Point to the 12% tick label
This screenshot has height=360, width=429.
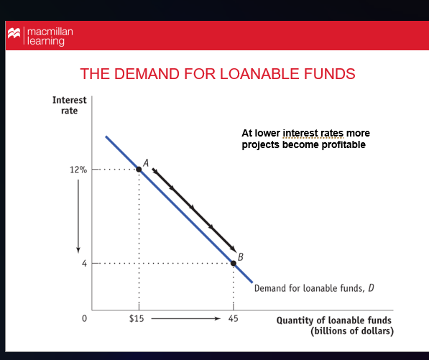tap(78, 170)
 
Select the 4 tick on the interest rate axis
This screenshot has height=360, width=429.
tap(84, 264)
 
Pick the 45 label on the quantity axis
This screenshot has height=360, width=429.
tap(234, 318)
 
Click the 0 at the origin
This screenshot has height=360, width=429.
tap(84, 318)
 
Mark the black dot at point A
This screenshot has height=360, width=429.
tap(139, 170)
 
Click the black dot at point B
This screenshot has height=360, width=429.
tap(234, 264)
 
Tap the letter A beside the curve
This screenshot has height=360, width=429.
tap(146, 162)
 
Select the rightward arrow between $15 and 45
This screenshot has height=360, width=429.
tap(184, 318)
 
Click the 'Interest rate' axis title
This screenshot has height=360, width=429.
tap(70, 106)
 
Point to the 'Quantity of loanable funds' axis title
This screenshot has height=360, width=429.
tap(335, 320)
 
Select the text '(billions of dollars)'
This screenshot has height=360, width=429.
tap(351, 331)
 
